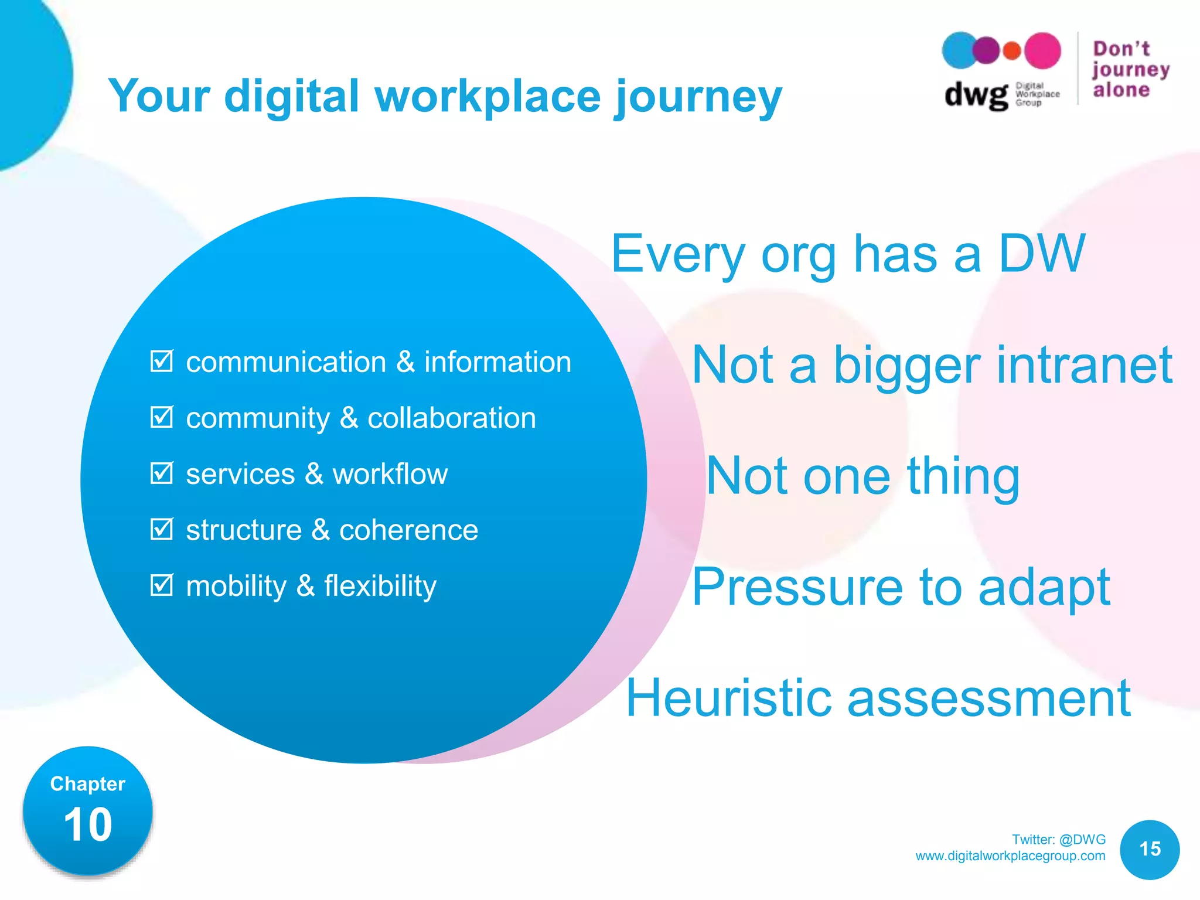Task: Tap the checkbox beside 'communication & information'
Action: [x=161, y=361]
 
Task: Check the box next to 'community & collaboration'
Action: [x=161, y=417]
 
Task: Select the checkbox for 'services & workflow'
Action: [x=161, y=473]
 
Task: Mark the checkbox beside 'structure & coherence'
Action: [x=161, y=529]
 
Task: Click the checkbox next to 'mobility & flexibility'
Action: [x=161, y=585]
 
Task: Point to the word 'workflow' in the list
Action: [x=390, y=473]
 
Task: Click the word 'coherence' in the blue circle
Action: [x=408, y=530]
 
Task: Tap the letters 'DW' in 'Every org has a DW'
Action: [x=1041, y=253]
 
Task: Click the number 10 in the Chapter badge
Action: [x=88, y=824]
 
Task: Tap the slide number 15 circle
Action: [x=1150, y=849]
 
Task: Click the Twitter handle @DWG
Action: [x=1082, y=839]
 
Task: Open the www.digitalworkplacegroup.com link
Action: [x=1010, y=855]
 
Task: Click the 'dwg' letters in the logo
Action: [x=976, y=94]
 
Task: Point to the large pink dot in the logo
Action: [x=1042, y=51]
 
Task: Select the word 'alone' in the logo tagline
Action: [x=1121, y=90]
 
